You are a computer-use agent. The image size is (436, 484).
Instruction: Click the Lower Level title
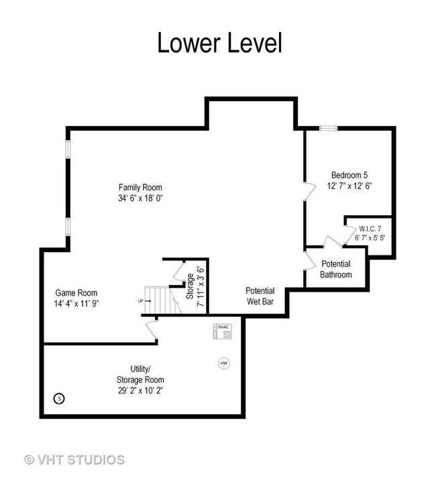click(x=219, y=43)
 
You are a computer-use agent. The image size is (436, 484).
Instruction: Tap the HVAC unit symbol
click(x=222, y=331)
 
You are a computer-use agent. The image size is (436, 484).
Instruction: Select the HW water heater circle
click(x=224, y=363)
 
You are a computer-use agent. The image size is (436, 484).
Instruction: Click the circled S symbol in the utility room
click(x=59, y=398)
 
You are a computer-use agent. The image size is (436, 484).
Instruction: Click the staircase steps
click(x=162, y=300)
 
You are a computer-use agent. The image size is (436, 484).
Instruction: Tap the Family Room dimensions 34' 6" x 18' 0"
click(x=140, y=198)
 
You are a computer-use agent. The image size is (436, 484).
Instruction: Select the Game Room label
click(x=76, y=293)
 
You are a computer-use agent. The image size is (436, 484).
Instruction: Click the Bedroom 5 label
click(x=349, y=175)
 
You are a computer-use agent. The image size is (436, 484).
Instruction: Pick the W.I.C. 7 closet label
click(x=370, y=229)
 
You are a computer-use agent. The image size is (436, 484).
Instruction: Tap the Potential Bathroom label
click(x=336, y=269)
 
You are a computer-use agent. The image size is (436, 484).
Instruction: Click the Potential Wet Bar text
click(x=260, y=296)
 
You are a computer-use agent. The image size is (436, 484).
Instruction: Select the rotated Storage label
click(x=190, y=286)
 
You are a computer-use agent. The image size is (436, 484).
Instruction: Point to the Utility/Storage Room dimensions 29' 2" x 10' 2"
click(x=140, y=390)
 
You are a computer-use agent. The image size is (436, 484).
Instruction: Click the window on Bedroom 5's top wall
click(x=329, y=129)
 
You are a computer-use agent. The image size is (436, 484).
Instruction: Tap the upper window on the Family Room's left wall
click(x=68, y=149)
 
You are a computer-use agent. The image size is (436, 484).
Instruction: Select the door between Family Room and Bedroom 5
click(x=310, y=191)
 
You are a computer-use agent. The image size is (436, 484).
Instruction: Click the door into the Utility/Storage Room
click(x=152, y=330)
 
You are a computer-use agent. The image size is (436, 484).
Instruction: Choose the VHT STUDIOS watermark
click(x=74, y=460)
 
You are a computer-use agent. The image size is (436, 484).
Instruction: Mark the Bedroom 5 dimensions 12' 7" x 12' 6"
click(x=349, y=186)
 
